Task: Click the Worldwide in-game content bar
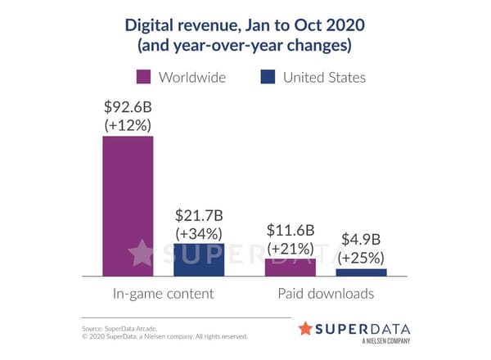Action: [128, 206]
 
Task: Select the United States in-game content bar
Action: [199, 260]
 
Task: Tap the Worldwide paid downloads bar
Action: [291, 268]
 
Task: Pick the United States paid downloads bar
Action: [361, 272]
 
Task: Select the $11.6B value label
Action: [291, 230]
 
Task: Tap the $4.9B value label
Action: [361, 241]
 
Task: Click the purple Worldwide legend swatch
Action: [144, 78]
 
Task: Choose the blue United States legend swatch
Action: [267, 78]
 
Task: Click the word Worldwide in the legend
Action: [191, 78]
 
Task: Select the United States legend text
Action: [324, 78]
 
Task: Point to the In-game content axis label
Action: [163, 294]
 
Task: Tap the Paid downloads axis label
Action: [326, 294]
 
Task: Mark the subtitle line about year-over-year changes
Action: [245, 46]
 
